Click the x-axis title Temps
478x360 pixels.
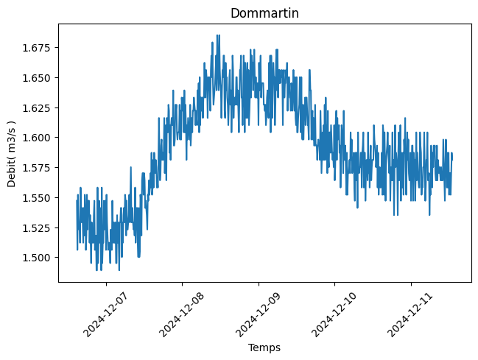click(264, 347)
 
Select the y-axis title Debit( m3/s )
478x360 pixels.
click(12, 152)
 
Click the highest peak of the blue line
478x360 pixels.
click(217, 35)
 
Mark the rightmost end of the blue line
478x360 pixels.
click(451, 158)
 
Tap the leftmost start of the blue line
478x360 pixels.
click(77, 202)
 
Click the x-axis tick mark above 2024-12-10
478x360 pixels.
click(334, 283)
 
